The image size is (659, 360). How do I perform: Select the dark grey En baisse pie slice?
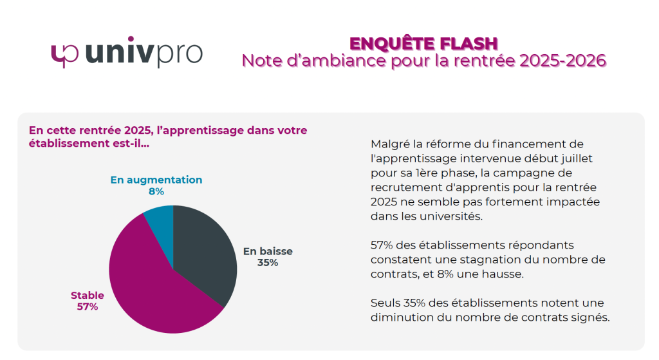pos(206,251)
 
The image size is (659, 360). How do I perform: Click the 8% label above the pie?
pos(156,191)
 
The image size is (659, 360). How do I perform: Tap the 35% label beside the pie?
pos(267,263)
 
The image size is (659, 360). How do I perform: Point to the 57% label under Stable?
pos(88,307)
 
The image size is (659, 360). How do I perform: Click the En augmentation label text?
pos(156,180)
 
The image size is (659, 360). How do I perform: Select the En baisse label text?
pos(267,251)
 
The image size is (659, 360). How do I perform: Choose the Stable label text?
pos(88,295)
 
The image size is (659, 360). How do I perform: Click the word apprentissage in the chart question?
pos(200,130)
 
